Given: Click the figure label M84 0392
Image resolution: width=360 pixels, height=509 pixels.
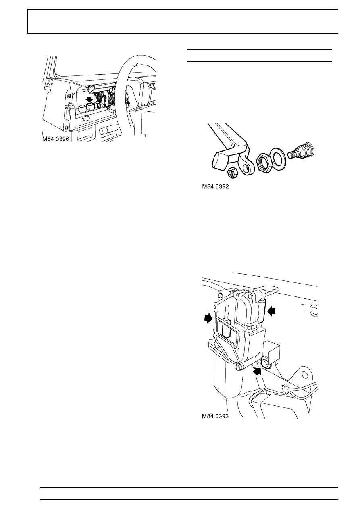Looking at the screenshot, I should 218,187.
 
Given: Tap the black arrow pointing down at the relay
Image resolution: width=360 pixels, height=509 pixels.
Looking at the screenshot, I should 89,99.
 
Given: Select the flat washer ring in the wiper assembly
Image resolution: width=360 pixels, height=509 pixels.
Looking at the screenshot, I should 278,156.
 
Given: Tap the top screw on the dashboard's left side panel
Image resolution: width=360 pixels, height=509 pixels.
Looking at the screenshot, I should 69,97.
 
